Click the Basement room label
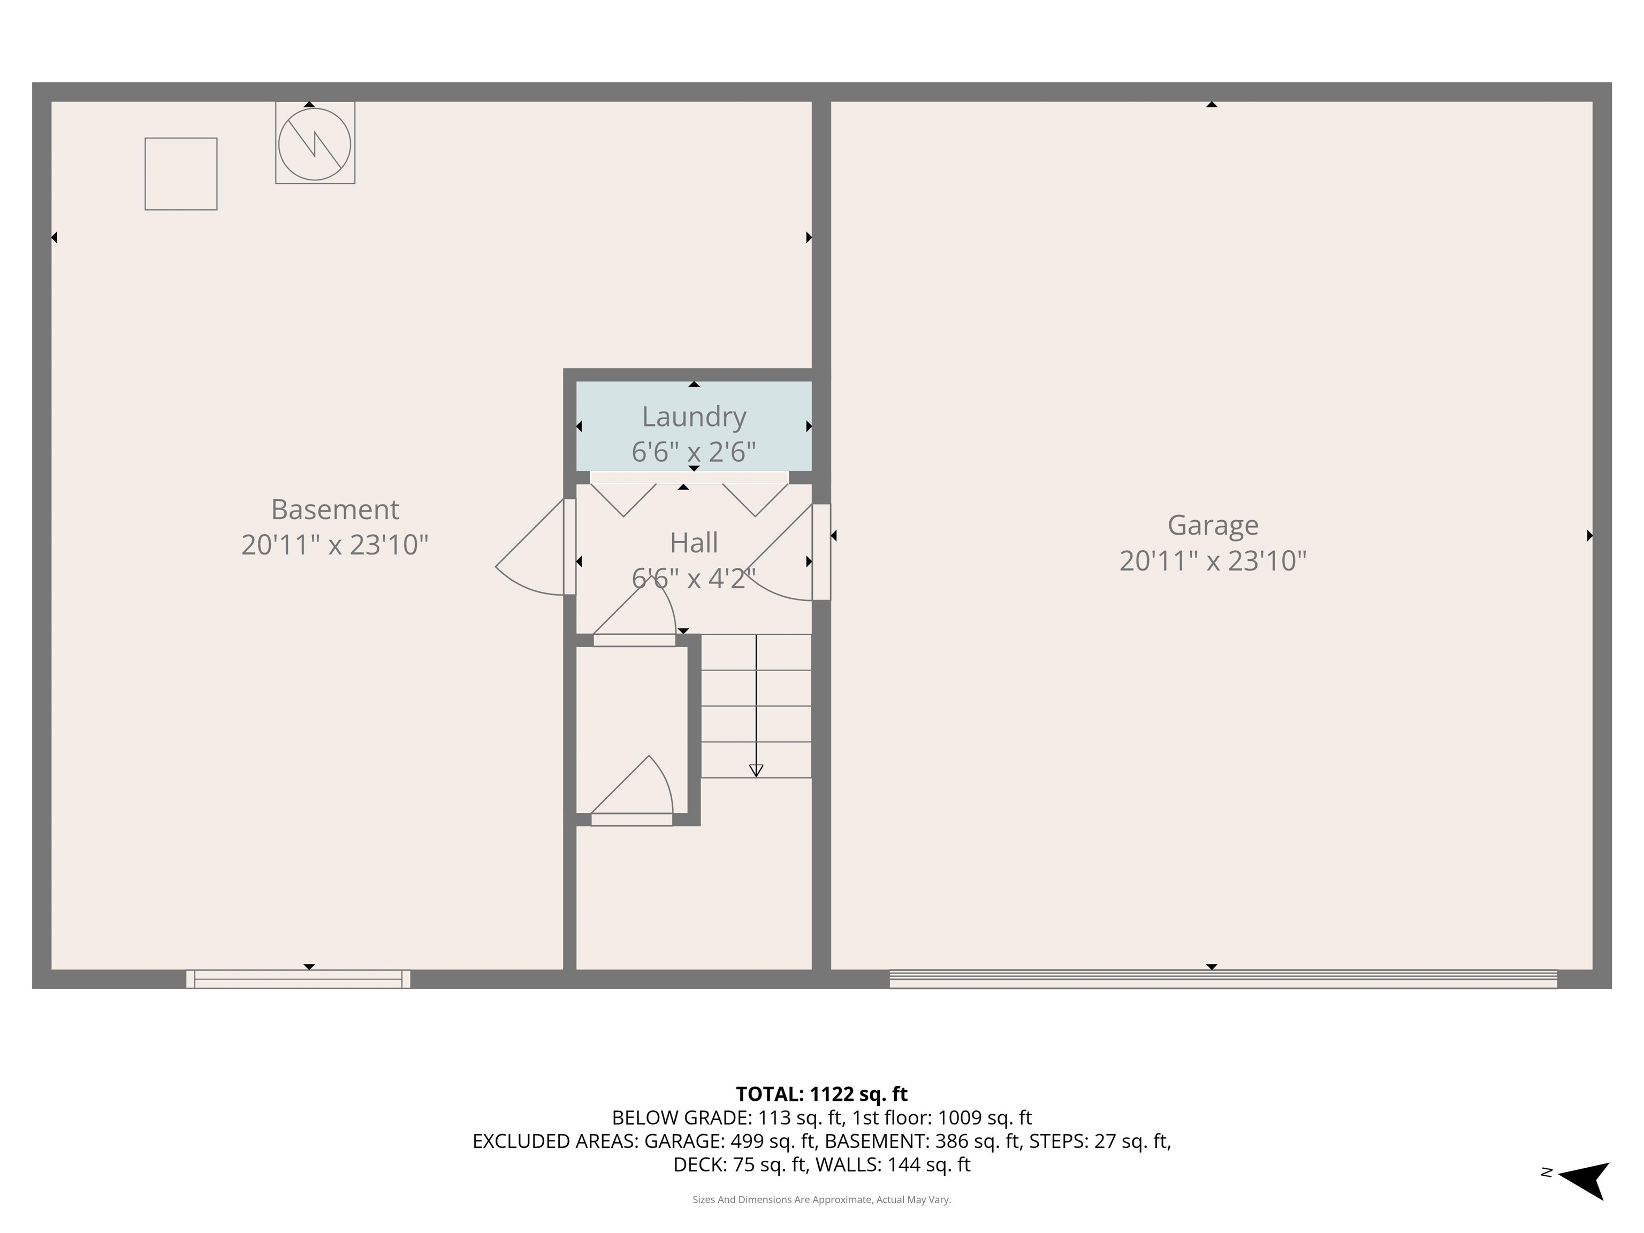pyautogui.click(x=334, y=510)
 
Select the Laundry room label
pyautogui.click(x=694, y=417)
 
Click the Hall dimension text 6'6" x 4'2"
pyautogui.click(x=694, y=578)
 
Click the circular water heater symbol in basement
pyautogui.click(x=314, y=143)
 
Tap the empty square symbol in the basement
pyautogui.click(x=180, y=174)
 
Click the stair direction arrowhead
pyautogui.click(x=756, y=771)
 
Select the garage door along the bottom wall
pyautogui.click(x=1223, y=979)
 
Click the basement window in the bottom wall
pyautogui.click(x=298, y=979)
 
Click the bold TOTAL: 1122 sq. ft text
pyautogui.click(x=821, y=1094)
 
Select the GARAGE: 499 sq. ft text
pyautogui.click(x=732, y=1141)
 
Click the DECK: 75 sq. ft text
pyautogui.click(x=740, y=1164)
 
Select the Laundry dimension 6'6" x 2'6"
pyautogui.click(x=694, y=452)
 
